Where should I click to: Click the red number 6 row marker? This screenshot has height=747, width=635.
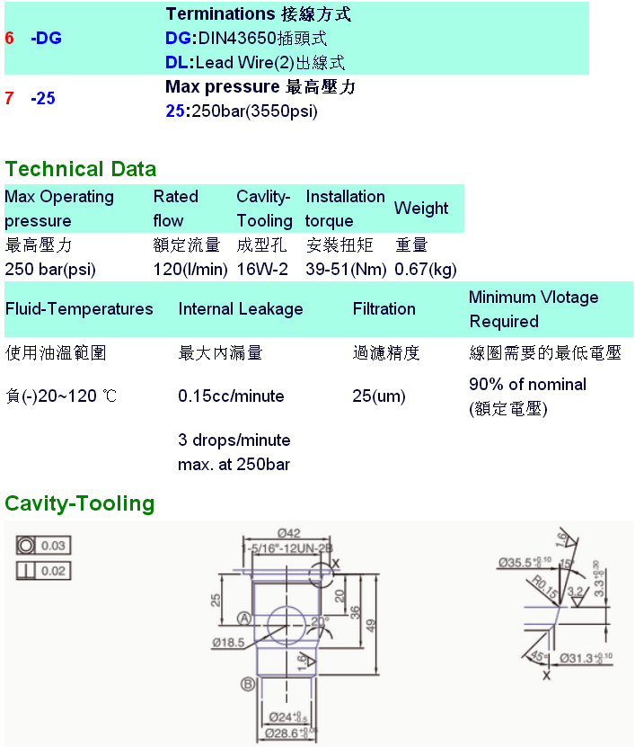(x=9, y=39)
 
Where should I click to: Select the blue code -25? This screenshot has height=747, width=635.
(x=42, y=98)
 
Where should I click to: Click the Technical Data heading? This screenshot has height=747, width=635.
(x=81, y=169)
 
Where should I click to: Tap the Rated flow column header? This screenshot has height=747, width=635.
(x=175, y=208)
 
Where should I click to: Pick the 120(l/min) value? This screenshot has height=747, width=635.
(x=190, y=269)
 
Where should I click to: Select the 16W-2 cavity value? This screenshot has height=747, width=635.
(x=262, y=269)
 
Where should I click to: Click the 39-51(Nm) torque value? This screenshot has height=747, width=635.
(x=346, y=269)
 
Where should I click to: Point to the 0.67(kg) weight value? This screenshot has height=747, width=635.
(x=426, y=269)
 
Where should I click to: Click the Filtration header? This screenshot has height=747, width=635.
(x=384, y=309)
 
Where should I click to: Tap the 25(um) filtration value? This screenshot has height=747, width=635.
(x=379, y=396)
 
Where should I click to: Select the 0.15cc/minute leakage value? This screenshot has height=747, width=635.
(x=231, y=396)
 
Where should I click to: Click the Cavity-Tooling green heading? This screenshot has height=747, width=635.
(x=80, y=503)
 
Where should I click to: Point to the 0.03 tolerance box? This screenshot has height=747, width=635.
(x=54, y=546)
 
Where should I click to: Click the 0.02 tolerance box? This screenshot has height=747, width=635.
(x=54, y=571)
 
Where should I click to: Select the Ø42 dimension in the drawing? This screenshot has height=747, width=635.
(x=289, y=531)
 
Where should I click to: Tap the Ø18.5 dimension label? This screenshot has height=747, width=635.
(x=230, y=642)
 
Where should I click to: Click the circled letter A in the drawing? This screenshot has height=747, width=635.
(x=243, y=618)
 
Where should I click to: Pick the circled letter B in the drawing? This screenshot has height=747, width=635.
(x=248, y=685)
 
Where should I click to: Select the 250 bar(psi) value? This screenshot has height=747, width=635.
(x=50, y=269)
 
